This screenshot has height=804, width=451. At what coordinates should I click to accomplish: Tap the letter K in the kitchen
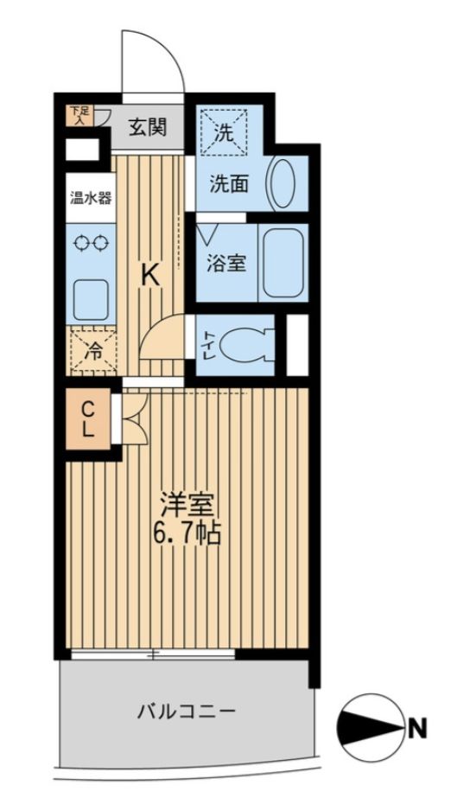point(149,275)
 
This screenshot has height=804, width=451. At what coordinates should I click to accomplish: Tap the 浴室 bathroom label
point(226,263)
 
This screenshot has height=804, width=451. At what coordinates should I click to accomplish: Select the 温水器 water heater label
point(90,197)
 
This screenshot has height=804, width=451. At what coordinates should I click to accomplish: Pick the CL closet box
point(89,418)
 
